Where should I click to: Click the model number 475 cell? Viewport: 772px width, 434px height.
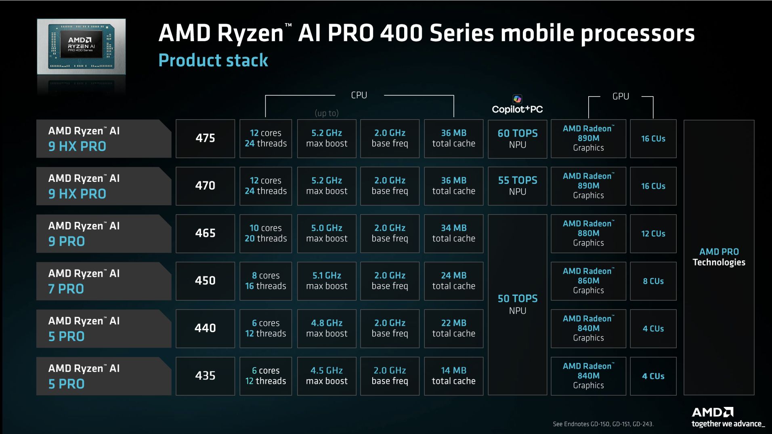(x=205, y=138)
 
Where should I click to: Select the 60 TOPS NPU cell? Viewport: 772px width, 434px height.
(x=517, y=139)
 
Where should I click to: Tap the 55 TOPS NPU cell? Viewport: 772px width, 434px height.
(x=517, y=186)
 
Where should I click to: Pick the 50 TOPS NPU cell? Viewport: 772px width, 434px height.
(x=517, y=304)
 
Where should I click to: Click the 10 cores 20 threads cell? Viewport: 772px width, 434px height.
(x=266, y=234)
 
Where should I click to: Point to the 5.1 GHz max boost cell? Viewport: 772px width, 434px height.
(x=327, y=281)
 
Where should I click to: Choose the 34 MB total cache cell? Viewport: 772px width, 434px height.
(x=453, y=234)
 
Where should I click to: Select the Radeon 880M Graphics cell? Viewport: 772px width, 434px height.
(x=588, y=234)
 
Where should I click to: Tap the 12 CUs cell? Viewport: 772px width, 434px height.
(x=653, y=234)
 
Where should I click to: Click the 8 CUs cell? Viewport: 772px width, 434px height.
(x=653, y=281)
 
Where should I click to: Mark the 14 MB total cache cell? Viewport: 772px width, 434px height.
(x=453, y=376)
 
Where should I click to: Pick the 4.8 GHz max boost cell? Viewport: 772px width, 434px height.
(x=327, y=328)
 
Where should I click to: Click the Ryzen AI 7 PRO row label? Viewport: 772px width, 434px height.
(x=103, y=281)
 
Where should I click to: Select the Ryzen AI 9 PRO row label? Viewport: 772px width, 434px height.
(x=103, y=234)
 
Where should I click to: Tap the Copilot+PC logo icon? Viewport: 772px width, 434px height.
(x=517, y=99)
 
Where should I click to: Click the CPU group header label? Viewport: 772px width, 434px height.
(x=359, y=95)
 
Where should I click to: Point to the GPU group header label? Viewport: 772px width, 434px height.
(x=621, y=97)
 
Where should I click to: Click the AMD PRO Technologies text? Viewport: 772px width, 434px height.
(x=719, y=257)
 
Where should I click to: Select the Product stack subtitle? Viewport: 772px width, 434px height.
(x=213, y=61)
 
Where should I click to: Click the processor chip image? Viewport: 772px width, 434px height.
(x=81, y=46)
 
